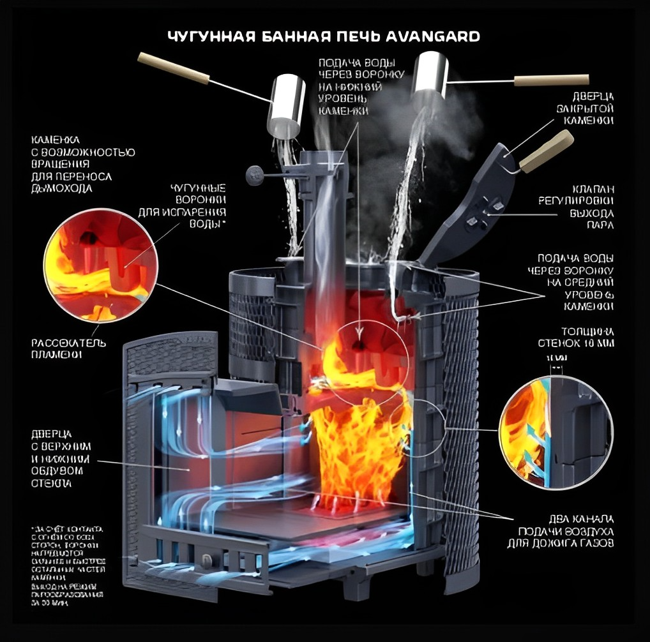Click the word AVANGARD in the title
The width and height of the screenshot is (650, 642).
tap(434, 36)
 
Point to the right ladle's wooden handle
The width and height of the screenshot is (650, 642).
tap(551, 80)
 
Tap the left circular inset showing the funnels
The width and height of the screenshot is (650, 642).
tap(102, 267)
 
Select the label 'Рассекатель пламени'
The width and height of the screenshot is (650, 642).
tap(69, 349)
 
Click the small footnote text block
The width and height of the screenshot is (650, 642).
tap(68, 565)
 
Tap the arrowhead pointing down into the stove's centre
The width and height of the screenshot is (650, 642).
tap(359, 332)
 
